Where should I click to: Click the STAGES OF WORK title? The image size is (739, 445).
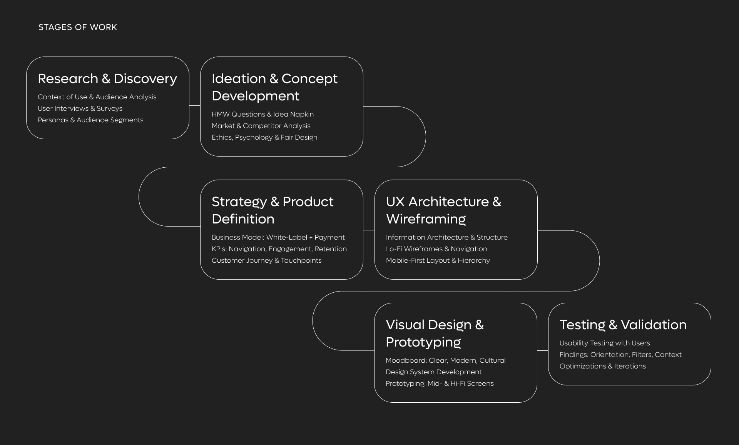pyautogui.click(x=77, y=27)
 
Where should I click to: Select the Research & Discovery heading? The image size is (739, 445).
pyautogui.click(x=107, y=78)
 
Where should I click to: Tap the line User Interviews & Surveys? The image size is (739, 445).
pyautogui.click(x=80, y=108)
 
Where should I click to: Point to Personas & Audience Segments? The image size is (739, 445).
pyautogui.click(x=90, y=120)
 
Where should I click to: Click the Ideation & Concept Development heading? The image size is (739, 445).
pyautogui.click(x=274, y=87)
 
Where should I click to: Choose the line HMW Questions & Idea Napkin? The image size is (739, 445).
pyautogui.click(x=262, y=114)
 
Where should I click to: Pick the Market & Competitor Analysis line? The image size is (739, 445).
pyautogui.click(x=261, y=126)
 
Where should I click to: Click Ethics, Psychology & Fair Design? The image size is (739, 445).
pyautogui.click(x=264, y=137)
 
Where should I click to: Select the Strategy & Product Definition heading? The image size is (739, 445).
pyautogui.click(x=272, y=210)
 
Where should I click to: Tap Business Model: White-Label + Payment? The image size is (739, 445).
pyautogui.click(x=278, y=237)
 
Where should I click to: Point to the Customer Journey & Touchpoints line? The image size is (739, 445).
pyautogui.click(x=266, y=260)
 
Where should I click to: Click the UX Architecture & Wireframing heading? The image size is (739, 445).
pyautogui.click(x=443, y=210)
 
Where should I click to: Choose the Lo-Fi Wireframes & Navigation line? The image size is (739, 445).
pyautogui.click(x=436, y=249)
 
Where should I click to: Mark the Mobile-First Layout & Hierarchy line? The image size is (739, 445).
pyautogui.click(x=438, y=260)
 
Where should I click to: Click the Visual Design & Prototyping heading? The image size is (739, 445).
pyautogui.click(x=435, y=333)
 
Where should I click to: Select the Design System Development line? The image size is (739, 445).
pyautogui.click(x=433, y=372)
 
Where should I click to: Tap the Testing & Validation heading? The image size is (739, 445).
pyautogui.click(x=623, y=325)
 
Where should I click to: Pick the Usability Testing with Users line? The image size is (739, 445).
pyautogui.click(x=604, y=343)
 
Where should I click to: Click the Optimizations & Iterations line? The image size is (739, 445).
pyautogui.click(x=602, y=366)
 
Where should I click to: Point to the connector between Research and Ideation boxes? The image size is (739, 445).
pyautogui.click(x=195, y=105)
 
